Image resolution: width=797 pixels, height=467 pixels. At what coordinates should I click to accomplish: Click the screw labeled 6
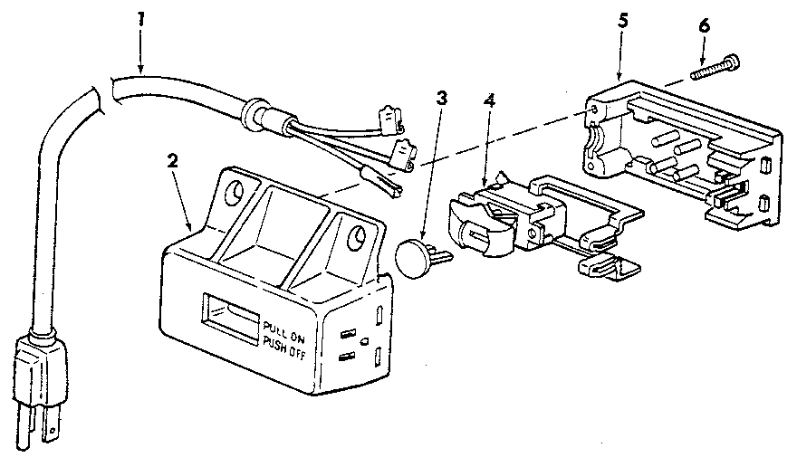pyautogui.click(x=715, y=66)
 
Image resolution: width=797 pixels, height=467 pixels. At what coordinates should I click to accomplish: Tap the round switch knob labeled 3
pyautogui.click(x=413, y=255)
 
